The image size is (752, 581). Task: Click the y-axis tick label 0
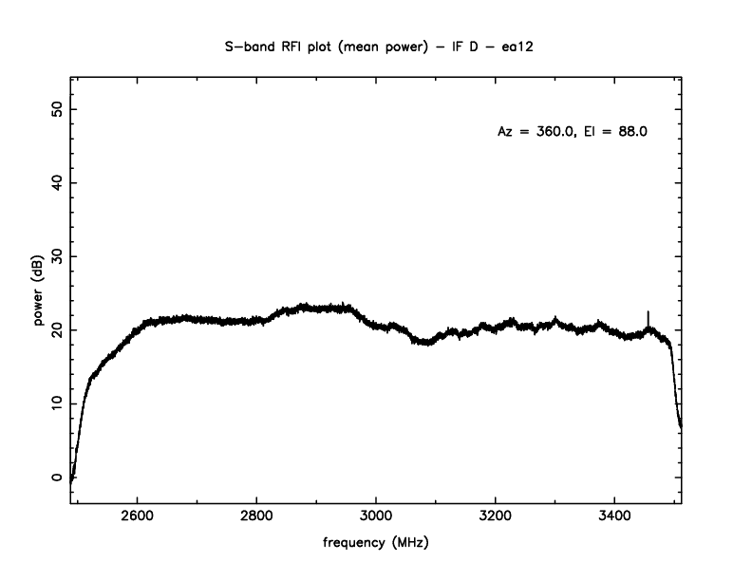[x=57, y=478]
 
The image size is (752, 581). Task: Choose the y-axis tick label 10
[x=57, y=403]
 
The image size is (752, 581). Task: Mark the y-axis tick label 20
[x=57, y=329]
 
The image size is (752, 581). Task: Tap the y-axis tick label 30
[x=57, y=256]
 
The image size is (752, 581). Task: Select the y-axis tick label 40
[x=57, y=182]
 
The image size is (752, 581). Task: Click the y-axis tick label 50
[x=57, y=108]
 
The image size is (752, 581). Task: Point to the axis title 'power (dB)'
[x=40, y=294]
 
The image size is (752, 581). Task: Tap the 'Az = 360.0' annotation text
[x=536, y=132]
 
